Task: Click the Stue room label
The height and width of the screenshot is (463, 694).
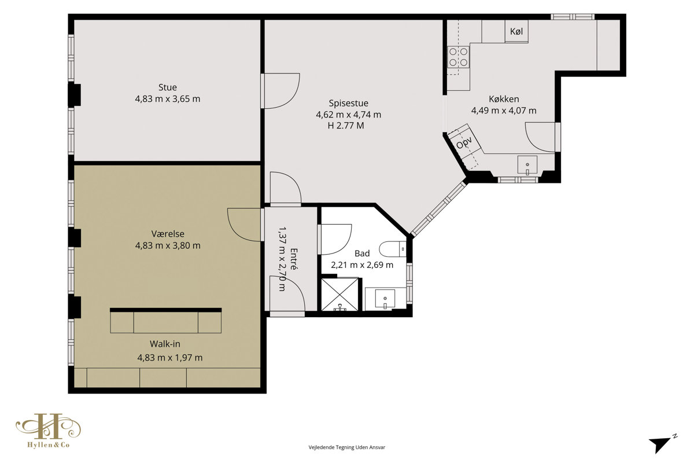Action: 168,87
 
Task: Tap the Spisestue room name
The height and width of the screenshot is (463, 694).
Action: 349,103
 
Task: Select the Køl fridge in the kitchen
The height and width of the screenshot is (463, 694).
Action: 516,31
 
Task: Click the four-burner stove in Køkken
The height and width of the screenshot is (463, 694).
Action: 458,57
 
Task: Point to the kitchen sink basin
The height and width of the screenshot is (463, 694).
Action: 527,165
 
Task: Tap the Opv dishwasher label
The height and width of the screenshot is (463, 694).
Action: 464,142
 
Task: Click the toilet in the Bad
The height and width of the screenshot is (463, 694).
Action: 393,249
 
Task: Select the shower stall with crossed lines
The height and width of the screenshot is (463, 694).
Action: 340,295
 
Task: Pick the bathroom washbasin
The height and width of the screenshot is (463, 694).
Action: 385,299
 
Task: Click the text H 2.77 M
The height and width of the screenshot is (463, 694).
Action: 346,126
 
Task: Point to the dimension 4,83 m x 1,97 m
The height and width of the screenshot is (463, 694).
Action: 170,358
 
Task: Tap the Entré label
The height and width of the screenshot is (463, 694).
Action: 294,259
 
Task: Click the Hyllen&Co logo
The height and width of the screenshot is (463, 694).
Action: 49,431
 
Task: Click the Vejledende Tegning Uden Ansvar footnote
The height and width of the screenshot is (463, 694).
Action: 346,447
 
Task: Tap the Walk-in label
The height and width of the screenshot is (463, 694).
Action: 165,344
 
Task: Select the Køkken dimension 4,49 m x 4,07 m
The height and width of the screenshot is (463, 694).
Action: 504,111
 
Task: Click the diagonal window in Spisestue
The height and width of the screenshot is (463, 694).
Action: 439,208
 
